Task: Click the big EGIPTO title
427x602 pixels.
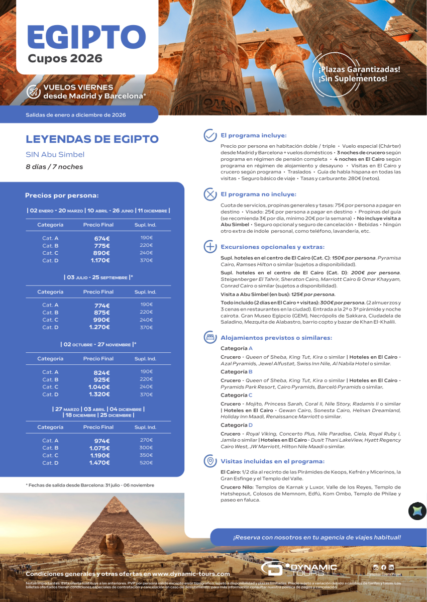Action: click(86, 37)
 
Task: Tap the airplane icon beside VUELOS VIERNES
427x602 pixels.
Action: click(34, 91)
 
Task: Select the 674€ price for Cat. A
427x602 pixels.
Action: click(101, 238)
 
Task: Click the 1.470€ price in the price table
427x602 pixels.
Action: click(99, 463)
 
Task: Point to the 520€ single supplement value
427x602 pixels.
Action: click(146, 462)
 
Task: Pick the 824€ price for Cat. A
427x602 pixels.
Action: click(101, 372)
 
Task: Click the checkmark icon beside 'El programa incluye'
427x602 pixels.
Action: click(209, 136)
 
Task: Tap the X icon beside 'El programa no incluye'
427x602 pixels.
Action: click(209, 194)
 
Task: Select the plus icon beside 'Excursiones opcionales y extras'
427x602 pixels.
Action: click(209, 247)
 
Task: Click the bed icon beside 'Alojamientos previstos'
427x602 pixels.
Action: click(209, 338)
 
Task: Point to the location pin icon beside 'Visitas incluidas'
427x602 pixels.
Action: click(209, 461)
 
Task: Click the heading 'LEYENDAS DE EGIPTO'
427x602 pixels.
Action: click(92, 139)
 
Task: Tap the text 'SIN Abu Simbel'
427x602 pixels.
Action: click(55, 154)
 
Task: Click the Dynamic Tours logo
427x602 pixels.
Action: click(299, 569)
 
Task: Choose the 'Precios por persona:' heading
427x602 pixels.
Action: click(62, 195)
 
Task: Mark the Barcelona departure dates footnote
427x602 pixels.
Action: click(90, 485)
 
